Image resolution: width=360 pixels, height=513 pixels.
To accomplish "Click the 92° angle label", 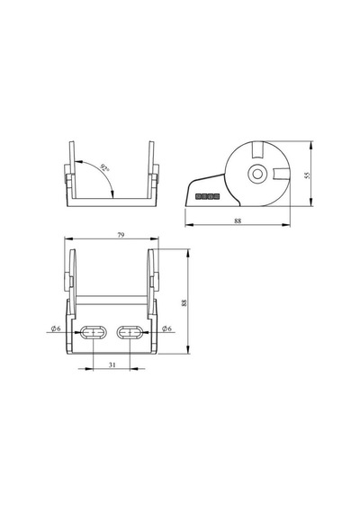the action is coord(105,169).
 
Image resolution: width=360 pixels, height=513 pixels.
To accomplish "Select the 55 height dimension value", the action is coord(307,175).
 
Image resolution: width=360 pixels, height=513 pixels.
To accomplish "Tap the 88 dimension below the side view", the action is coord(238,220).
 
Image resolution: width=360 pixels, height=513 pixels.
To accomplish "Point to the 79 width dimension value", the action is coord(121,235).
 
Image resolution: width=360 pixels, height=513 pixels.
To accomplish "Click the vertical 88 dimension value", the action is coord(184,302).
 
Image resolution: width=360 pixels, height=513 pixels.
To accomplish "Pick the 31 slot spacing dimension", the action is coord(112,364).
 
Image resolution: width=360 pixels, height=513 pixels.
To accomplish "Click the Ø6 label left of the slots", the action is coord(56,328).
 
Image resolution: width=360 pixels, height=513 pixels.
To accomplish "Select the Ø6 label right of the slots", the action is coord(166,328).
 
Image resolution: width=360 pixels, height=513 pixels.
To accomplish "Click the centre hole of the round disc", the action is coord(257,174).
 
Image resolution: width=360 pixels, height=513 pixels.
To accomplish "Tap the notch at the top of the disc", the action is coord(258,149).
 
